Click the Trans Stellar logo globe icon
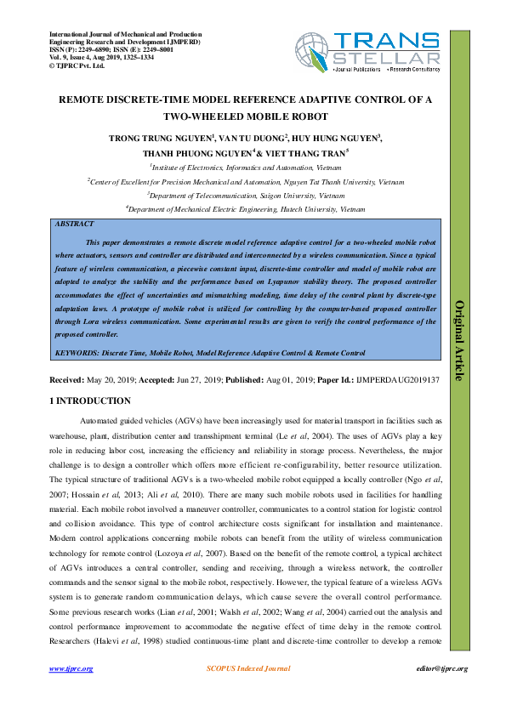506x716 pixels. [313, 50]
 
